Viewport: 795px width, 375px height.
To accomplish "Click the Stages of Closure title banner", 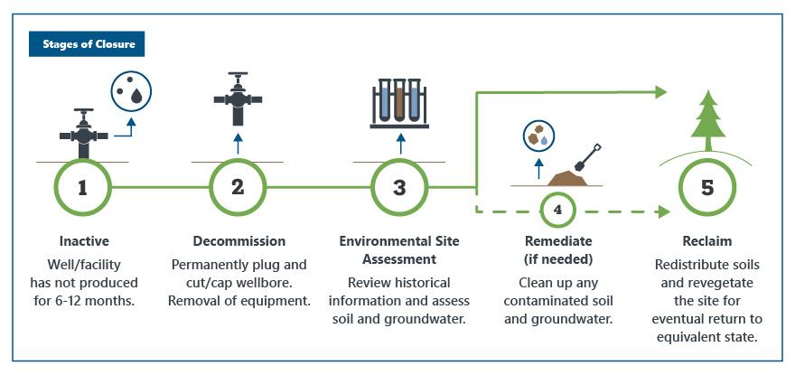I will click(87, 44).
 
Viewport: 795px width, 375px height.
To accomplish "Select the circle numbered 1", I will click(82, 188).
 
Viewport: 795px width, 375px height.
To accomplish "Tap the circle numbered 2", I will click(238, 188).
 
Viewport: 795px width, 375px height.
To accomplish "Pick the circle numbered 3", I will click(399, 188).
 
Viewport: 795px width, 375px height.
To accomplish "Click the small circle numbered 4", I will click(558, 209).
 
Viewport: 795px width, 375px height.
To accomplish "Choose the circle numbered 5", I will click(707, 188).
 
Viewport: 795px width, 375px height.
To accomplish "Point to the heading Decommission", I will click(238, 241).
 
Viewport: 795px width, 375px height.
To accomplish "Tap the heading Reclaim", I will click(707, 241).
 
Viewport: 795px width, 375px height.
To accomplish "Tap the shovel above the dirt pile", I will click(587, 157).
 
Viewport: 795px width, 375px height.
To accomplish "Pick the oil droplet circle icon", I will click(131, 92).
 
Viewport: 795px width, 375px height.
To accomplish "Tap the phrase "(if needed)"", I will click(558, 259).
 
